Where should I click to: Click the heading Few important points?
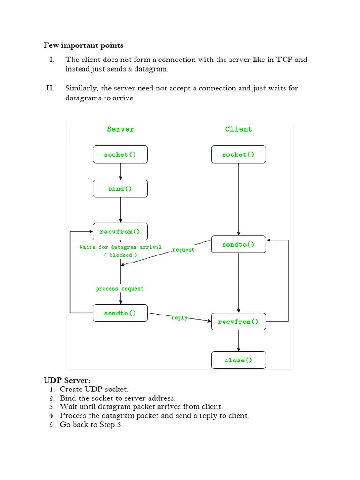(83, 45)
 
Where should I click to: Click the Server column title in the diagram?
(120, 129)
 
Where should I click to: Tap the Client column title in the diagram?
(238, 129)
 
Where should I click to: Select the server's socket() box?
(120, 154)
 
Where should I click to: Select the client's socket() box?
(238, 154)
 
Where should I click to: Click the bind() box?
(120, 189)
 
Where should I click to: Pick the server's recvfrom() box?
(120, 232)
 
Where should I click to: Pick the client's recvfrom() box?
(238, 322)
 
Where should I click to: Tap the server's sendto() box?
(120, 313)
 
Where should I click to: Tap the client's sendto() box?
(238, 244)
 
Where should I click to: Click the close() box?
(238, 360)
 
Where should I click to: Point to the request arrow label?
(183, 250)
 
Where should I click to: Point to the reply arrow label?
(180, 318)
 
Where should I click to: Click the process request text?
(120, 289)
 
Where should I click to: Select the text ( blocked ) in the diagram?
(120, 255)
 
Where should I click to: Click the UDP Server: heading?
(67, 380)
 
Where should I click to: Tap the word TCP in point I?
(285, 60)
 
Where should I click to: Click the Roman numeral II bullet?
(50, 88)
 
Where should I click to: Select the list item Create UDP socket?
(94, 389)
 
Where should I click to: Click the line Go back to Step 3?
(91, 425)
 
